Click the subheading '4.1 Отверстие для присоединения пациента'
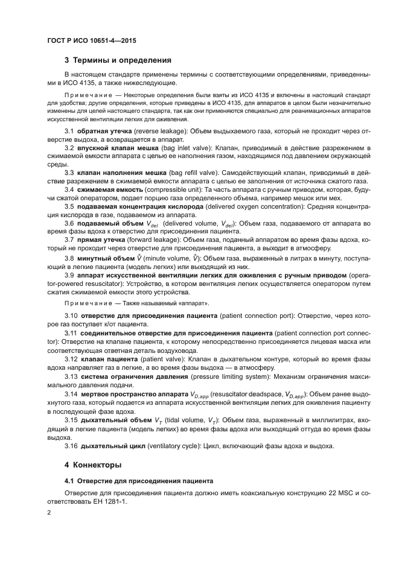138,482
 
